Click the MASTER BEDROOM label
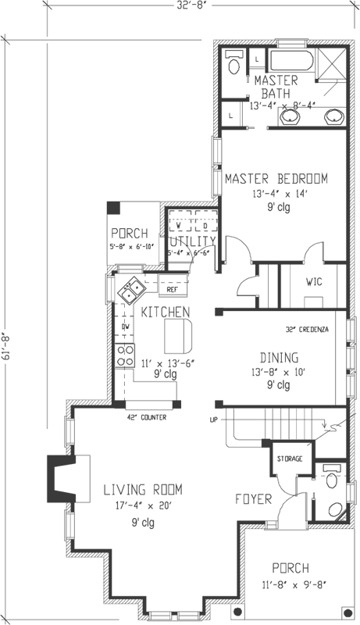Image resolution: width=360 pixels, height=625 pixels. pos(276,178)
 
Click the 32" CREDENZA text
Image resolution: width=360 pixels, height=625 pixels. pos(307,329)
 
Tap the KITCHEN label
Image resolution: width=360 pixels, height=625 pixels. pos(166,312)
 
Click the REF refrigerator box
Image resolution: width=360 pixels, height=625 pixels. pos(173,290)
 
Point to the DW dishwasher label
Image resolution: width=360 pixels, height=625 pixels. pos(125,327)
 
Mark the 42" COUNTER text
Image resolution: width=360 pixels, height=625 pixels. pos(146,416)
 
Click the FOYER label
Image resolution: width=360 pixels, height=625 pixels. pos(254,498)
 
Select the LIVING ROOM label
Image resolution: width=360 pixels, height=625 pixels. pos(143,490)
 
